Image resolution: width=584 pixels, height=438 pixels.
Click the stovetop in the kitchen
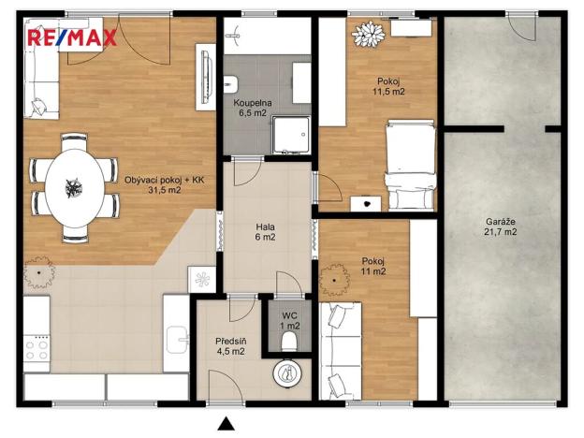[x=37, y=349]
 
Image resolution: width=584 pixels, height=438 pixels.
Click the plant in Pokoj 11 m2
[x=335, y=277]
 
